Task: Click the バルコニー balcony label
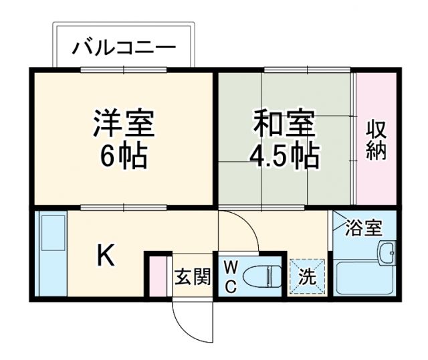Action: (124, 48)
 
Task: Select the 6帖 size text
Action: (124, 158)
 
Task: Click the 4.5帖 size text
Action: (284, 158)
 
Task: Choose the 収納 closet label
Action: (377, 139)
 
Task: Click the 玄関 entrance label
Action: (193, 276)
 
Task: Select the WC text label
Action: (229, 276)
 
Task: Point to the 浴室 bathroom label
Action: (364, 228)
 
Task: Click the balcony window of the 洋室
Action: (124, 69)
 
